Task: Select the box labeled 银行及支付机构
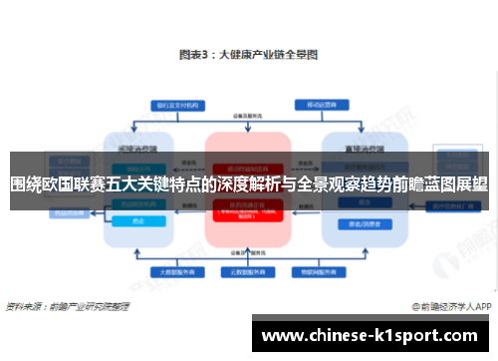pyautogui.click(x=165, y=105)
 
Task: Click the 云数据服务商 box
pyautogui.click(x=248, y=270)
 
